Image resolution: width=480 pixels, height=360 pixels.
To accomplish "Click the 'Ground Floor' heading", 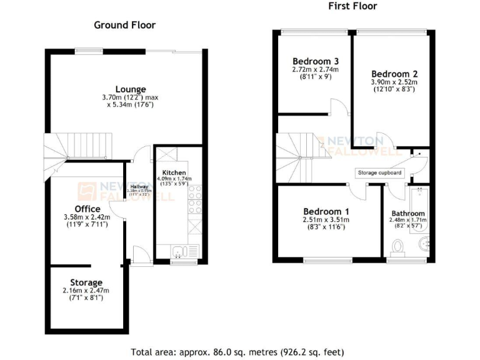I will pyautogui.click(x=124, y=25).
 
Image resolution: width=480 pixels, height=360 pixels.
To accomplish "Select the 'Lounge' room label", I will pyautogui.click(x=131, y=89).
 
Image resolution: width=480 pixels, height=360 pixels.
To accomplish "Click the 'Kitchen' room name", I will pyautogui.click(x=173, y=172).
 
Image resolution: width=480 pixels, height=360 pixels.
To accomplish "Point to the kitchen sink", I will pyautogui.click(x=178, y=252).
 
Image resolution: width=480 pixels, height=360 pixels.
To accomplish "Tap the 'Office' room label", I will pyautogui.click(x=87, y=209).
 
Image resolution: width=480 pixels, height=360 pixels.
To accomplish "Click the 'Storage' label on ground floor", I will pyautogui.click(x=86, y=282).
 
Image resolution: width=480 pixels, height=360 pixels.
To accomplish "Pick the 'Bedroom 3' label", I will pyautogui.click(x=316, y=61).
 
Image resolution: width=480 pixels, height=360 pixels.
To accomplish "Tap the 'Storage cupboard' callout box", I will pyautogui.click(x=379, y=172).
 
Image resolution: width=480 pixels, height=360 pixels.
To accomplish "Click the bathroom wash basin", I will pyautogui.click(x=424, y=243).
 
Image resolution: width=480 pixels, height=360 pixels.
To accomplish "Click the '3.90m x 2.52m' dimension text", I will pyautogui.click(x=392, y=81).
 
